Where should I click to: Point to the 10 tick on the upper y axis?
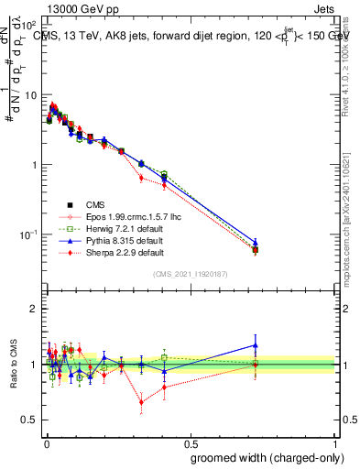click(x=30, y=94)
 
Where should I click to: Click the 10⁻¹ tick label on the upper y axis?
click(x=27, y=234)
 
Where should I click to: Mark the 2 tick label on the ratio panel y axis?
click(x=34, y=309)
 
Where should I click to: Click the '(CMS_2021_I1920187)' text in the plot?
click(x=190, y=274)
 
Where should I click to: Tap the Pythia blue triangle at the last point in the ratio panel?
click(x=256, y=345)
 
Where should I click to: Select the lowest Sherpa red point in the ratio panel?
click(x=141, y=401)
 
